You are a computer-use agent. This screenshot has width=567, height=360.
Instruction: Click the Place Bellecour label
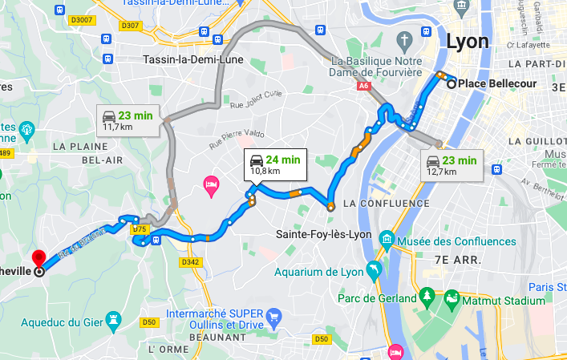coord(492,83)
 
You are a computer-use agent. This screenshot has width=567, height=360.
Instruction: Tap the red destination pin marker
coord(38,260)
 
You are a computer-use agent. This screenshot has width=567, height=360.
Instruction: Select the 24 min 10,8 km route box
coord(273,164)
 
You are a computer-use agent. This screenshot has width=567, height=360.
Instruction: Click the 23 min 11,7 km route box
coord(126,120)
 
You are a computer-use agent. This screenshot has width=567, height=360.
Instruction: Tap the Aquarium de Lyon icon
coord(372,268)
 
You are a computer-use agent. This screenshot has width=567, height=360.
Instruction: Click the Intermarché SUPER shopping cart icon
coord(273,315)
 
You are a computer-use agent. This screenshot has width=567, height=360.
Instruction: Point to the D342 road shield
coord(190,261)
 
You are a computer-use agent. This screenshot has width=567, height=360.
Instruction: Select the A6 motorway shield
coord(363,83)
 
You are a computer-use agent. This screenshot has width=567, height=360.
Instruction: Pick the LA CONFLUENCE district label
coord(386,204)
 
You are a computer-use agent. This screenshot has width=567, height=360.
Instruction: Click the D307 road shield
coord(129,26)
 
